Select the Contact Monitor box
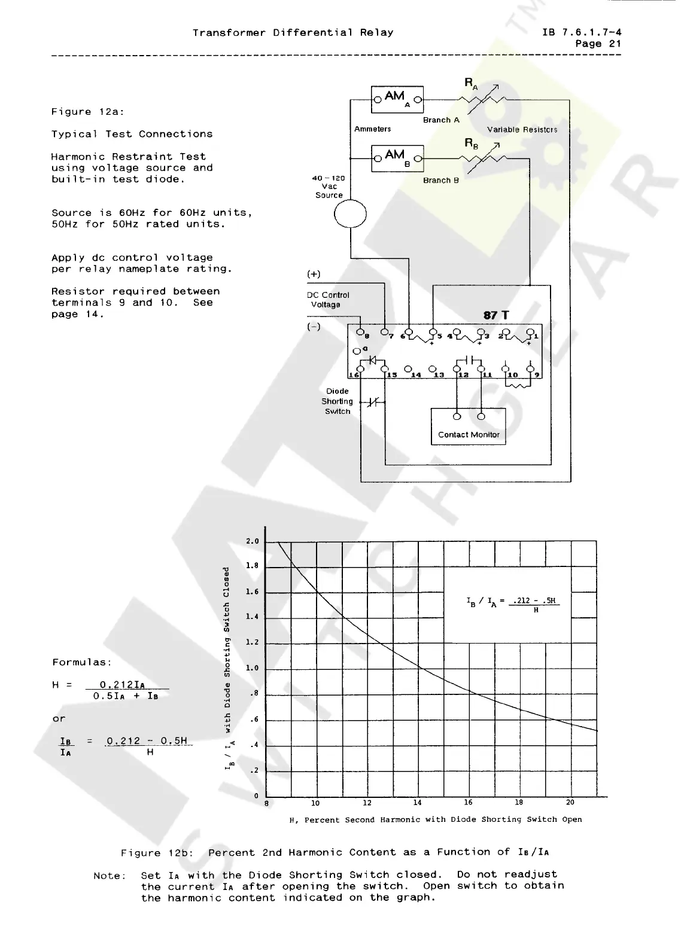pos(469,426)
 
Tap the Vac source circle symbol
pos(350,213)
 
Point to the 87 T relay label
pos(496,315)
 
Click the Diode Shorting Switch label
pos(338,401)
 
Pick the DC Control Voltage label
pos(327,300)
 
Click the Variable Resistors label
pos(522,130)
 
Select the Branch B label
pos(441,180)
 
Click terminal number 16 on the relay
pos(354,375)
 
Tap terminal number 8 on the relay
pos(367,336)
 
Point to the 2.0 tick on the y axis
pos(253,542)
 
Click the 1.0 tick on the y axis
pos(253,669)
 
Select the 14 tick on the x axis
pos(418,803)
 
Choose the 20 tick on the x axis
pos(570,803)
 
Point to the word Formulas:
pos(82,662)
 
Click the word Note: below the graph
pos(110,876)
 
